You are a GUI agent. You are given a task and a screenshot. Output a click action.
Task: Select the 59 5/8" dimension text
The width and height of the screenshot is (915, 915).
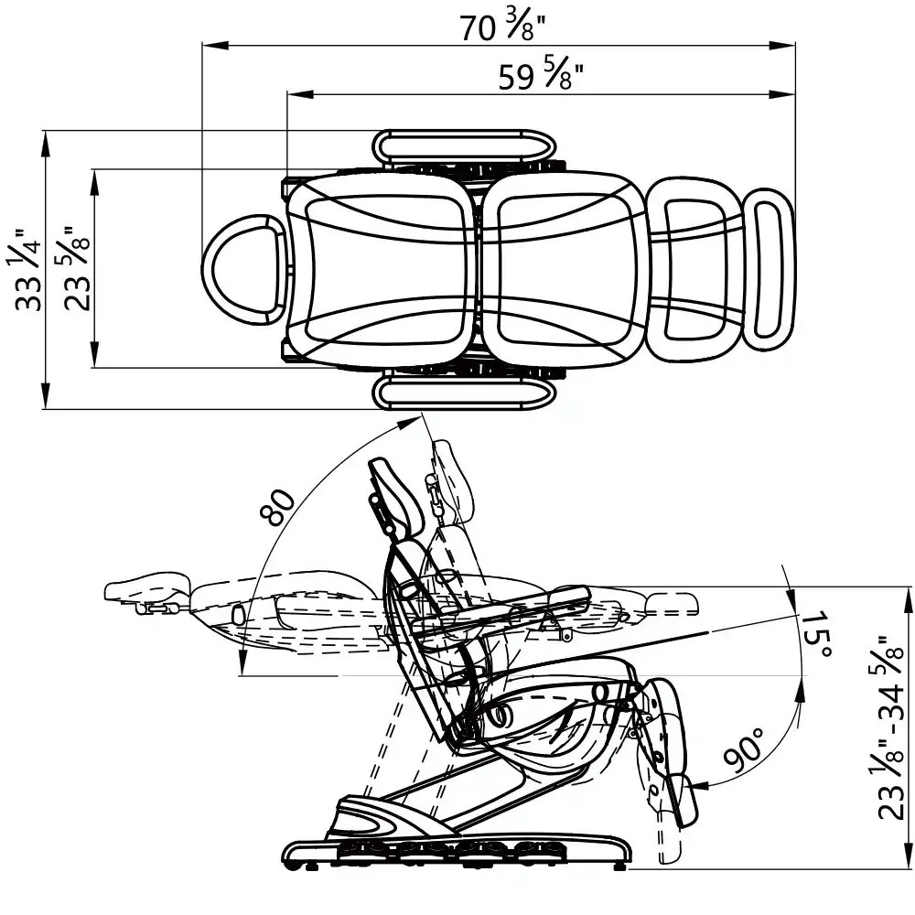click(x=541, y=77)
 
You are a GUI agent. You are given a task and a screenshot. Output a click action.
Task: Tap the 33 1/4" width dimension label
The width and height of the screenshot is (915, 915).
click(x=27, y=271)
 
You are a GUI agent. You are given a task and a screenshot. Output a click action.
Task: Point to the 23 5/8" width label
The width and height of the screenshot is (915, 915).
click(x=79, y=269)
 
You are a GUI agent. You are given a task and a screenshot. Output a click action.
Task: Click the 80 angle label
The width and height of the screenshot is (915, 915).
click(x=283, y=507)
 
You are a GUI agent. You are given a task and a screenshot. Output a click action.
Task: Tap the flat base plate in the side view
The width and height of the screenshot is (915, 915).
click(x=457, y=852)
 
